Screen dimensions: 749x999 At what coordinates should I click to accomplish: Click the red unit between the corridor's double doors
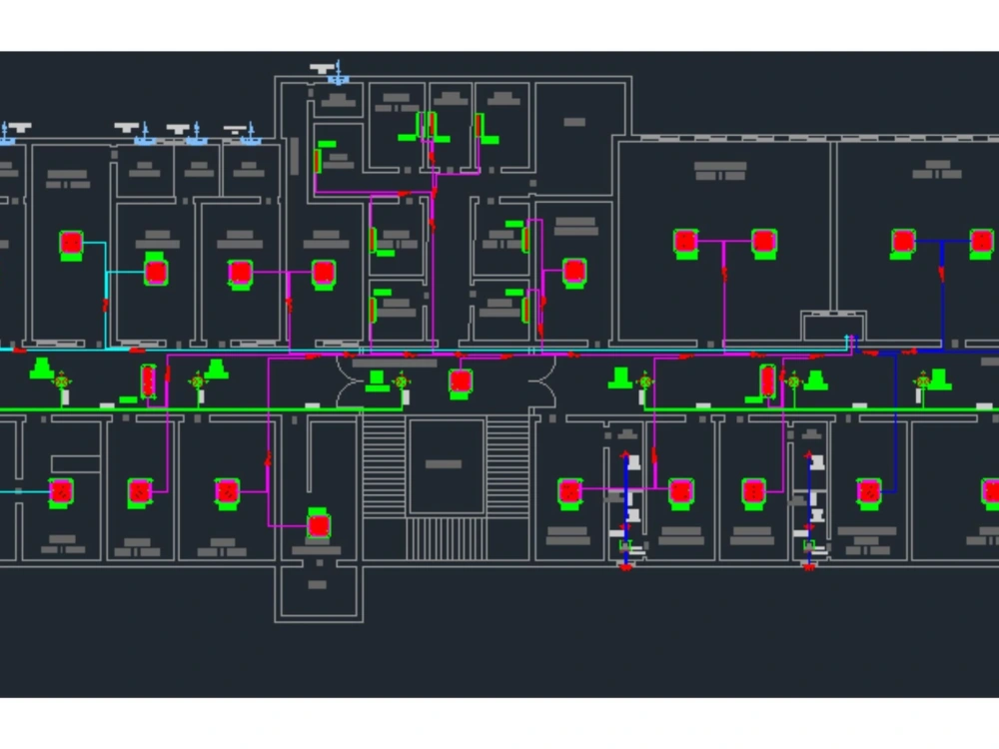pos(460,380)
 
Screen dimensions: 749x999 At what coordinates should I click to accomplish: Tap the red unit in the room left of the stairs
pos(319,524)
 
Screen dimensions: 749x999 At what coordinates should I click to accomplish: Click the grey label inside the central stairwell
pos(444,463)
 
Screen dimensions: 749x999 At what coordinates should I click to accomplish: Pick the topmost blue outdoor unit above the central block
pos(337,75)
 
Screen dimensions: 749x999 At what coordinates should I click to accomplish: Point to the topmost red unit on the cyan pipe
pos(70,243)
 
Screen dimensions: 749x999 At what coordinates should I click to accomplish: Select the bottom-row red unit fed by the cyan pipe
pos(62,491)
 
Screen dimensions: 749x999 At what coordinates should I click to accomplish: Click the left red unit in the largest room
pos(685,241)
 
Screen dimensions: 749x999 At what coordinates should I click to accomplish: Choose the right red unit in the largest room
pos(763,241)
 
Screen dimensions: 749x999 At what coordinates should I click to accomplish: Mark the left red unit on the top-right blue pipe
pos(903,241)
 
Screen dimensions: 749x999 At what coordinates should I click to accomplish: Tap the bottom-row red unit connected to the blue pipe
pos(869,490)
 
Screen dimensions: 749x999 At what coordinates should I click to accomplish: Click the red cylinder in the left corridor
pos(149,379)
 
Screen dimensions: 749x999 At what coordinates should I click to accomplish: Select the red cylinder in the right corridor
pos(767,379)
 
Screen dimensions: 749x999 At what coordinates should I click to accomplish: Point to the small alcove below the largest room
pos(832,326)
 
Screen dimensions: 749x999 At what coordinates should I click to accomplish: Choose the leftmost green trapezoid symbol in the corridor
pos(42,368)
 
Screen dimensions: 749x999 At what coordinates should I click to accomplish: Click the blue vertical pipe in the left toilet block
pos(626,489)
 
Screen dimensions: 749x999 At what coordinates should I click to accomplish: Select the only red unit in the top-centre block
pos(573,271)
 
